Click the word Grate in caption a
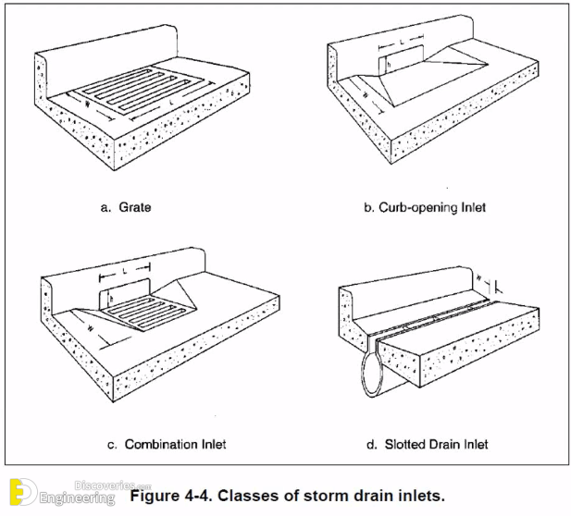(135, 208)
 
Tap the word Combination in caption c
(156, 445)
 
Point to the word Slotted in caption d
(407, 445)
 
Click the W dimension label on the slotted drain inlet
(478, 276)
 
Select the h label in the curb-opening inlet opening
(390, 66)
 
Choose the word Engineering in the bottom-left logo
(78, 499)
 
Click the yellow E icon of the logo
(21, 494)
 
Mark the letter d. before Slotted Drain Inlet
(372, 445)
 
